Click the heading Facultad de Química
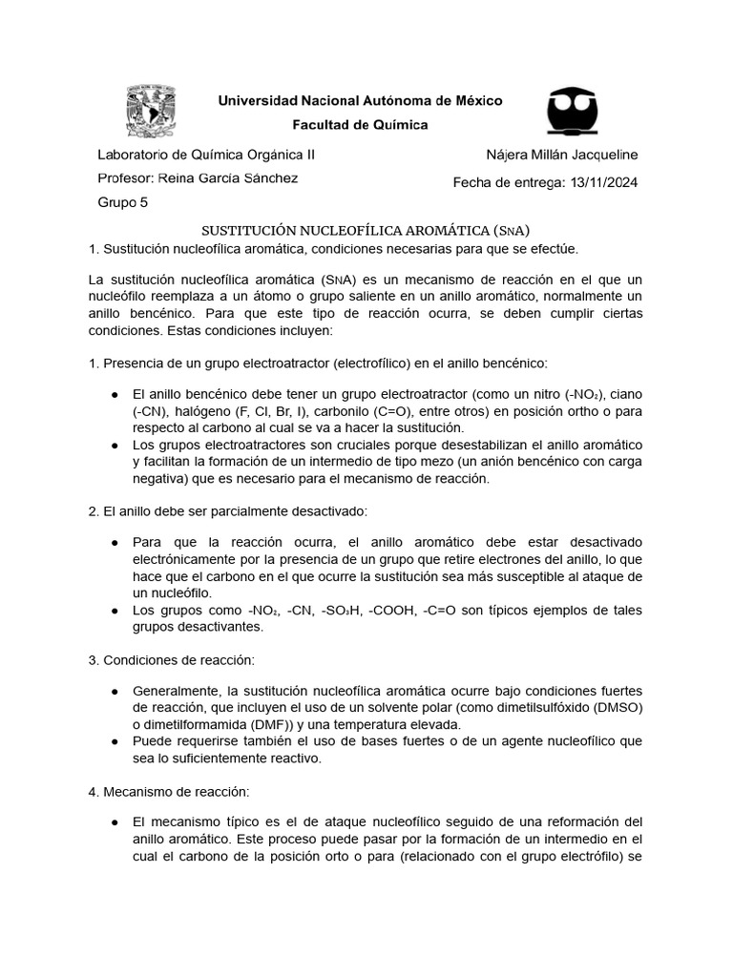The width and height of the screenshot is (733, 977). point(360,125)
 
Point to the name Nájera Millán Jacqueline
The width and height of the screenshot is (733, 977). point(562,155)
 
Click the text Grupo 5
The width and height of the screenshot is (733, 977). point(123,202)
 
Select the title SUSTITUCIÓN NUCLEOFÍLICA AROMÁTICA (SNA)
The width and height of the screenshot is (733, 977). point(366,230)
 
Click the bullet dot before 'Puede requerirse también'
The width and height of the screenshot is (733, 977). point(115,740)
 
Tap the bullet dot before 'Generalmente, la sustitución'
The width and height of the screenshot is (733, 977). point(115,691)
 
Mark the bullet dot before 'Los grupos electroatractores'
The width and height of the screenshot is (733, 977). point(115,445)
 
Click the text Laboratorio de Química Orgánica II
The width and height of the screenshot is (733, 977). point(207,155)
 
